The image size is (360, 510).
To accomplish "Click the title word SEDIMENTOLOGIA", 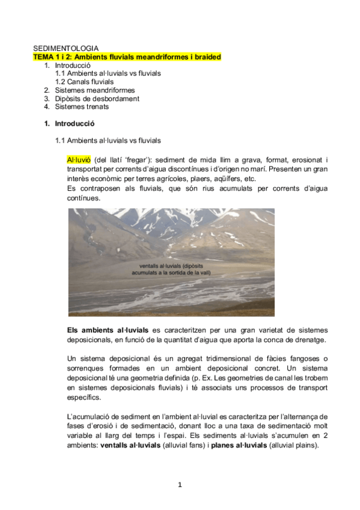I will point(66,48).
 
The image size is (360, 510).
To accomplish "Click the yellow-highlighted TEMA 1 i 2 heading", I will point(127,57).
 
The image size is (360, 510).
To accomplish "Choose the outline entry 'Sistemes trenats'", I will point(82,107).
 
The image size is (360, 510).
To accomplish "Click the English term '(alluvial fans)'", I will point(187,446).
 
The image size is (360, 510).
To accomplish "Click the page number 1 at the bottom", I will point(180,485).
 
